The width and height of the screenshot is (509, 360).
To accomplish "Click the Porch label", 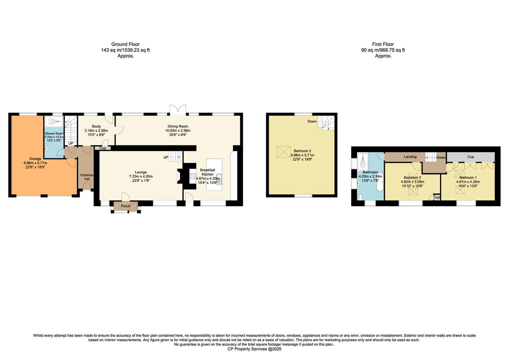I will point(126,206).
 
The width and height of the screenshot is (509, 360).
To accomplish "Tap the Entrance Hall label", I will point(87,177).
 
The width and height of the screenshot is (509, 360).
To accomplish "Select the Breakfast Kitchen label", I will point(208,172).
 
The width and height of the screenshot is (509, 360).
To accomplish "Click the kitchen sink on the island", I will point(219,178).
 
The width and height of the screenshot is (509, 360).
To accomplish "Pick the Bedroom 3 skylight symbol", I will point(283,152).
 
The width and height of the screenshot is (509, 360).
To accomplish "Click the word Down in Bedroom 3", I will point(312,121).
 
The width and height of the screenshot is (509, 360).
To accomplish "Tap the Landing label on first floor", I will point(410,157).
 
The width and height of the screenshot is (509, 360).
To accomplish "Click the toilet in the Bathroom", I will point(360,196).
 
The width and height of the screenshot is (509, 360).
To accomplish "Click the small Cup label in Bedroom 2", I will point(436,197).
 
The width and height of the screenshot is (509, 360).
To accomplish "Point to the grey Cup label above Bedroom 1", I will point(471,157).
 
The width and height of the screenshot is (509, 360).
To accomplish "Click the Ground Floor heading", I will point(125,44).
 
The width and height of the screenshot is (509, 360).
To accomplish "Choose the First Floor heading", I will point(383,44).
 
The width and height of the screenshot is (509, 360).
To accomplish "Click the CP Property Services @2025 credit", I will point(254,349).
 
